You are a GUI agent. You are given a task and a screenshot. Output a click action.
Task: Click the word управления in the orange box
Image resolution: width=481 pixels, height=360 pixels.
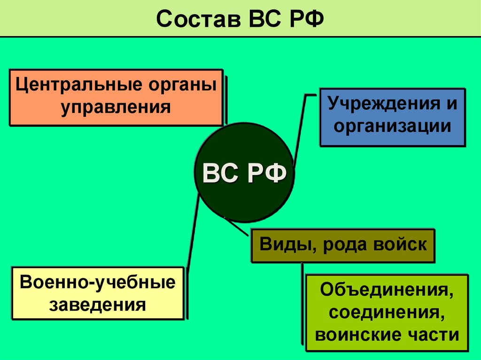click(x=116, y=107)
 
